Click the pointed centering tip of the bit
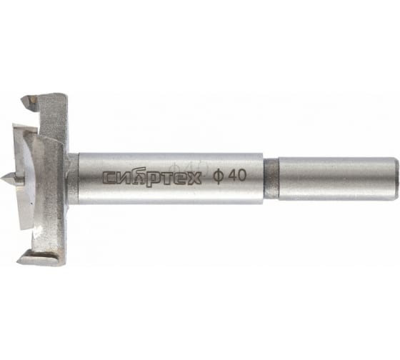pos(8,178)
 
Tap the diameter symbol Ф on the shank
pos(218,176)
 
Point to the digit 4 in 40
pos(232,176)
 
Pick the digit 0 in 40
pos(242,176)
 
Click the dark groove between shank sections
pos(271,179)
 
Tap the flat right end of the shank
pos(396,179)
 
